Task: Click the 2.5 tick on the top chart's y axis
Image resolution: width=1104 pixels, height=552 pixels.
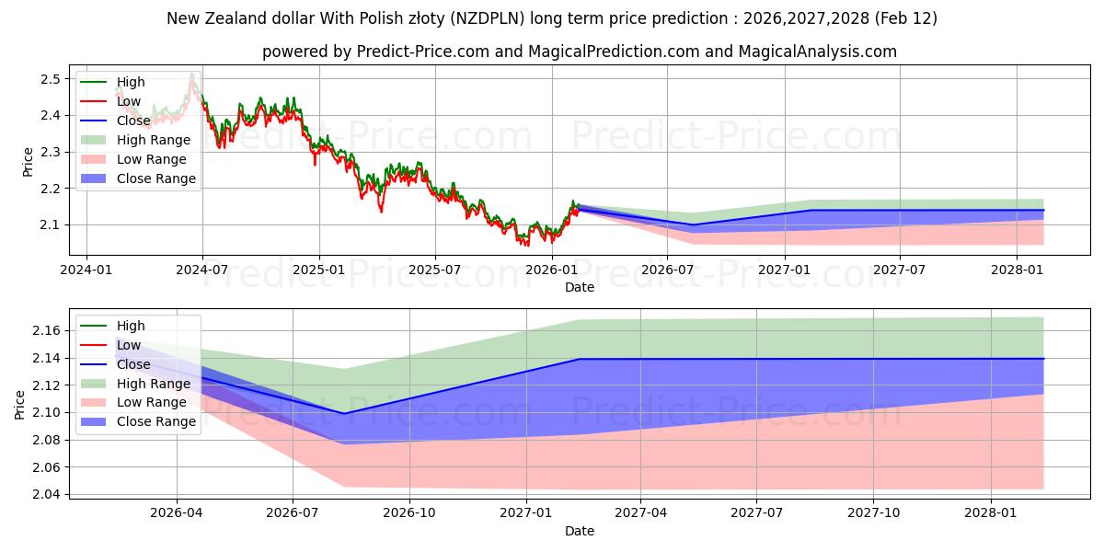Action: tap(51, 79)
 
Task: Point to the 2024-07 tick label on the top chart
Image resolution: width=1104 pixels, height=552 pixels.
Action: tap(202, 270)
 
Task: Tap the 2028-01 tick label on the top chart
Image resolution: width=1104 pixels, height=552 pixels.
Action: tap(1017, 270)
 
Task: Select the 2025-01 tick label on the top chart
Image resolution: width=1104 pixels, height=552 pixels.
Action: tap(319, 270)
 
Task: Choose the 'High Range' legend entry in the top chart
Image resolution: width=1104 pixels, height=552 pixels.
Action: tap(154, 140)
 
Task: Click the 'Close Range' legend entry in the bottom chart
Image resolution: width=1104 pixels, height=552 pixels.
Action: tap(156, 421)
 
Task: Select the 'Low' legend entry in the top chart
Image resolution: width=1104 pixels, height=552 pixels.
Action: tap(129, 101)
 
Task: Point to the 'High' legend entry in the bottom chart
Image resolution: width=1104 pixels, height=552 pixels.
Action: tap(131, 326)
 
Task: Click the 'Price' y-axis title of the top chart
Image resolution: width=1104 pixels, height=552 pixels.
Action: tap(28, 163)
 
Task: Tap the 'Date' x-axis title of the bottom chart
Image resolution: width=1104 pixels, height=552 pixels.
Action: tap(580, 531)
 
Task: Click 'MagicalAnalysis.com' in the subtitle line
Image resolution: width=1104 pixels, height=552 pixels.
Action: tap(820, 52)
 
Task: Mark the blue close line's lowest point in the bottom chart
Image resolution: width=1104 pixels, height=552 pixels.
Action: tap(343, 413)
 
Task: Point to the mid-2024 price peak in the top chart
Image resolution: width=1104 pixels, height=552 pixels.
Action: tap(191, 74)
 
